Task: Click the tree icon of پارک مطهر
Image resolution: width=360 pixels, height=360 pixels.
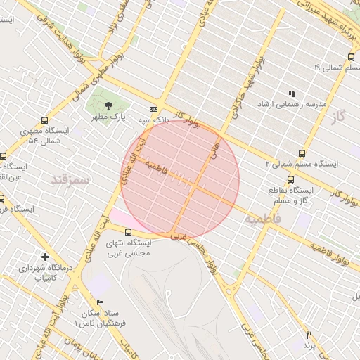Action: pos(107,105)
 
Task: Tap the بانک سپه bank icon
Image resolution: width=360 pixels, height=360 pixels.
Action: pos(153,109)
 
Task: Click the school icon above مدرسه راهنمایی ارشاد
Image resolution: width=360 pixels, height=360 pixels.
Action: pos(292,93)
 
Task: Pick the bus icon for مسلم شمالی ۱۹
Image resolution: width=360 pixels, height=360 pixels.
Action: pos(351,58)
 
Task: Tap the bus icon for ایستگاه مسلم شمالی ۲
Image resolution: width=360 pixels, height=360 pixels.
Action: pos(302,153)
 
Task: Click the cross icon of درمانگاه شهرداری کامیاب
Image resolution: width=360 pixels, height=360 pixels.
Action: pos(46,257)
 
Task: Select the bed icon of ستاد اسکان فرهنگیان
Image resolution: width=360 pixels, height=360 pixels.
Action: pos(101,302)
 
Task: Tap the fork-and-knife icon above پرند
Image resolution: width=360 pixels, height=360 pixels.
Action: pos(308,335)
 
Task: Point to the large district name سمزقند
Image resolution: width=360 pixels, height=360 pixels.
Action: pos(71,180)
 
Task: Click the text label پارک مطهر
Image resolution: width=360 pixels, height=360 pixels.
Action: pos(108,118)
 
